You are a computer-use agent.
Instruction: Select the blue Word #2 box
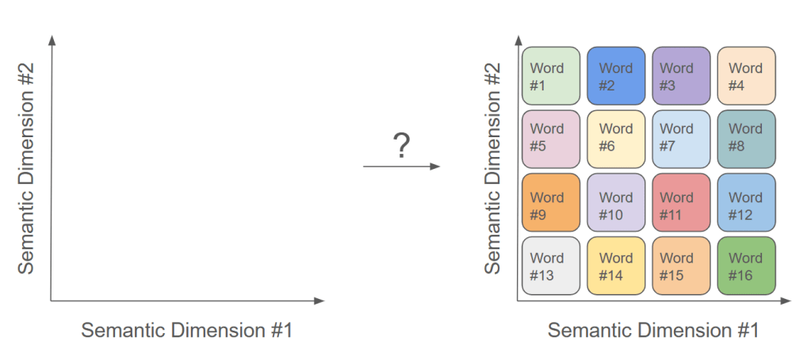point(616,76)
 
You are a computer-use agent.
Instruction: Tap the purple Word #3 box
point(681,76)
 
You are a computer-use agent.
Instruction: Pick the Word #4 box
point(747,76)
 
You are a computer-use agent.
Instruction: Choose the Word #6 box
point(616,139)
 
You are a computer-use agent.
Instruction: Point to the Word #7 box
point(681,139)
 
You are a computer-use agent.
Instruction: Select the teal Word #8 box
point(747,139)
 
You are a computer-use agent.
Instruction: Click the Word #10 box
point(616,203)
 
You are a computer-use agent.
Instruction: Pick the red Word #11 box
point(681,203)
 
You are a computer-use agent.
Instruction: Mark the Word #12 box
point(747,203)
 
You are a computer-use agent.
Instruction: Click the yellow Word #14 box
point(616,266)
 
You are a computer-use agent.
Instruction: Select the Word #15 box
point(681,266)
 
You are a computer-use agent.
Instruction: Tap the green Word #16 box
point(747,266)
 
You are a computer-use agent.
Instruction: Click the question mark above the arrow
point(402,147)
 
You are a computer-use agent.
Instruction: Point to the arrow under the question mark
point(401,167)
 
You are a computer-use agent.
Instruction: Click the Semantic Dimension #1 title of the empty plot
point(187,330)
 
